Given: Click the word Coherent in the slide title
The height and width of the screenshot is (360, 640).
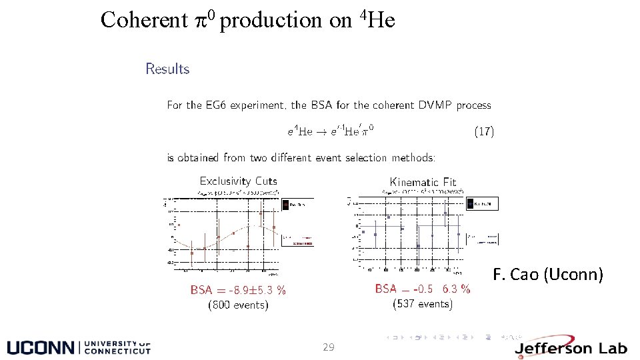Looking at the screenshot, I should [x=144, y=21].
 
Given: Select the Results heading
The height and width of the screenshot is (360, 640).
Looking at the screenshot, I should [x=167, y=69].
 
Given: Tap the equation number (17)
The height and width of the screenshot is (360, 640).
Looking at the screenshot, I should [x=484, y=131].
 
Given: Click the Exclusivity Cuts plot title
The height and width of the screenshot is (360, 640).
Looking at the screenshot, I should [x=239, y=181].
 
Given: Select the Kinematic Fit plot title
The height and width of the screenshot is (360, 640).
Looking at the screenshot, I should [x=423, y=182].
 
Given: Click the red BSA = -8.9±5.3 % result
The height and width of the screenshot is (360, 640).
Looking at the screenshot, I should [x=238, y=290].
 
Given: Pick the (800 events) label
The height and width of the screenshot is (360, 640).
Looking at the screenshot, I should [x=239, y=305].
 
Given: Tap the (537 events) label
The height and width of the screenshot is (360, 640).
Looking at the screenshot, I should [x=423, y=304].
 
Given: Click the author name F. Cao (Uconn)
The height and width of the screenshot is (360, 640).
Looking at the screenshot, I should [x=548, y=274].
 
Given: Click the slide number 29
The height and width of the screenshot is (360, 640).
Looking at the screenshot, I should [x=328, y=347].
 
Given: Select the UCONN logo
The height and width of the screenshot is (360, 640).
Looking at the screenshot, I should [x=79, y=347].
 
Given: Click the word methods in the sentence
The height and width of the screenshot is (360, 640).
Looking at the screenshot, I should [x=412, y=158].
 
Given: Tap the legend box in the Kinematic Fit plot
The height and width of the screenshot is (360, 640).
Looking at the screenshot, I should [x=482, y=203].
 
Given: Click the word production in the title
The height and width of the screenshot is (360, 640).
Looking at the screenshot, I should [x=271, y=21].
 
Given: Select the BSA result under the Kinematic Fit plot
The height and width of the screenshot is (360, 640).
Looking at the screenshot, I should [x=423, y=289].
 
